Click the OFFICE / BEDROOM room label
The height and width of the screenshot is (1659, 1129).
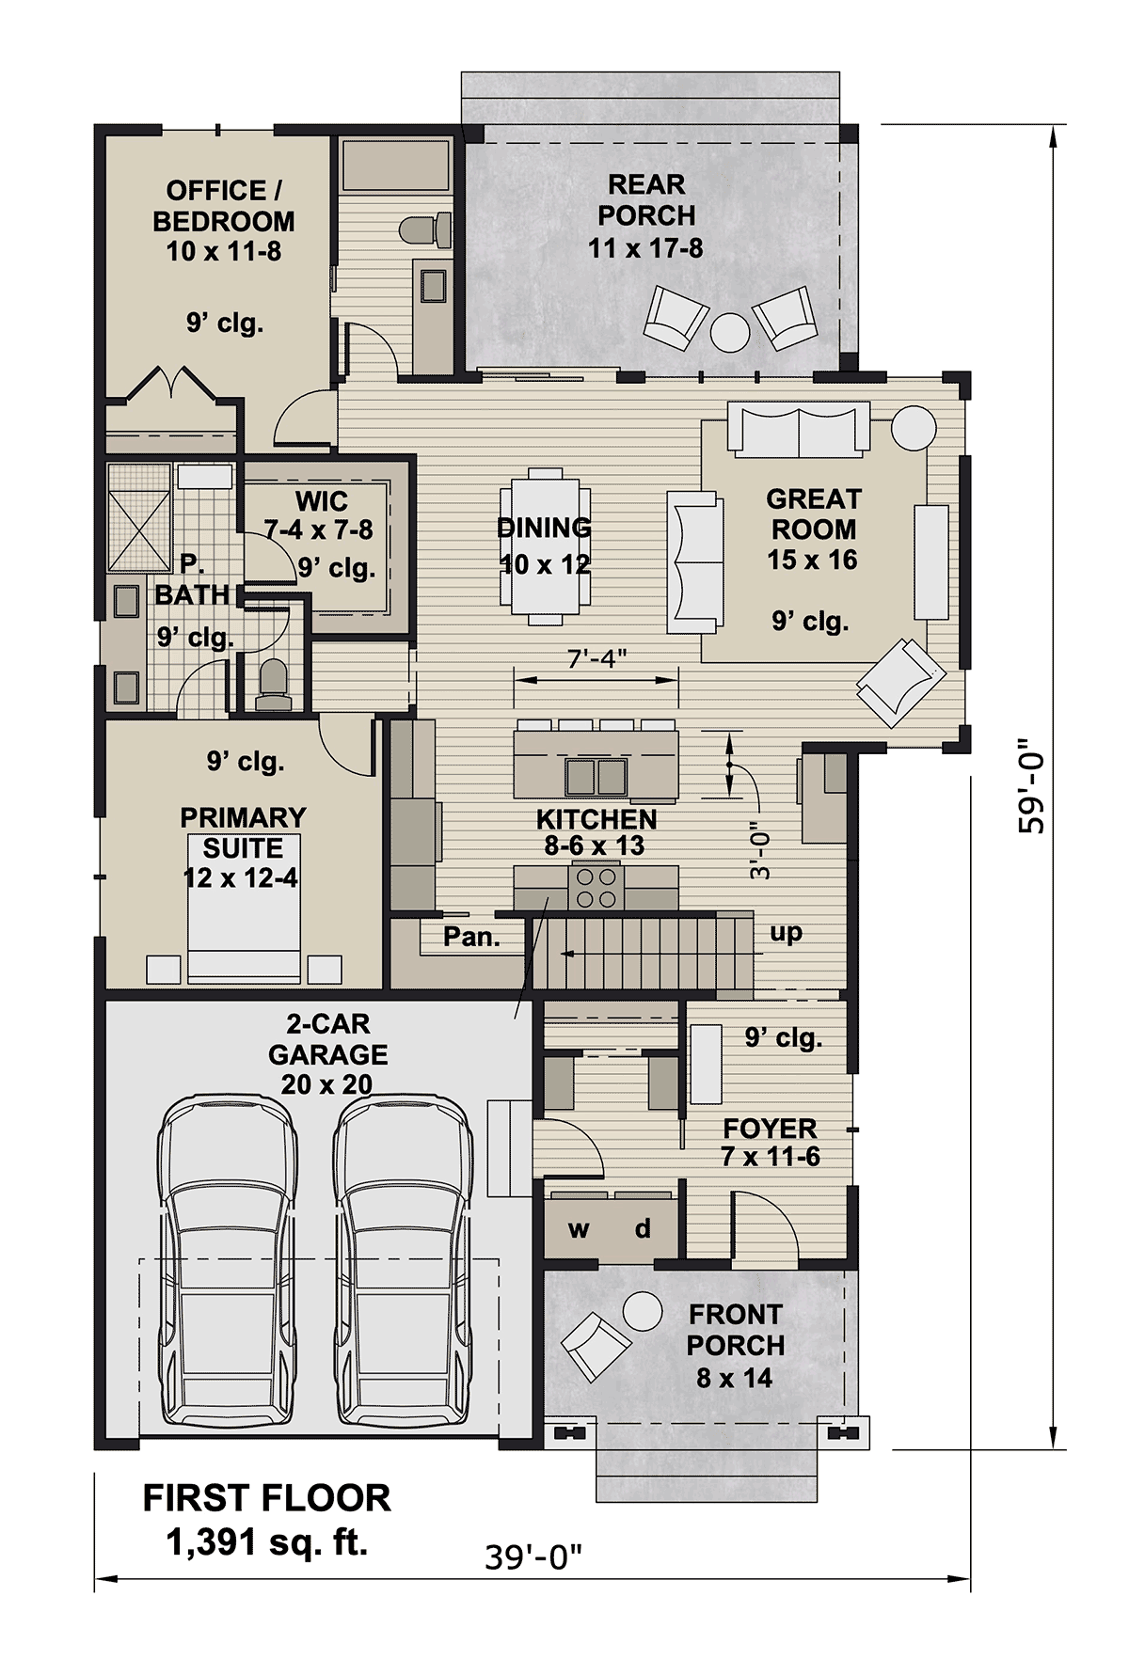click(x=224, y=206)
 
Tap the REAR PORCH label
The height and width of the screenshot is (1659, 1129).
click(x=646, y=199)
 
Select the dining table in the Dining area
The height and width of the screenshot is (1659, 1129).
click(x=546, y=546)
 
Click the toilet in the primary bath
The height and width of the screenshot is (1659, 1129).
click(x=273, y=684)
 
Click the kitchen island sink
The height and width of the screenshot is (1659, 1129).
click(x=596, y=777)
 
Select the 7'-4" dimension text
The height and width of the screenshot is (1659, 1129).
click(x=597, y=658)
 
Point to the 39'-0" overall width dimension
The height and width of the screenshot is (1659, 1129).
click(x=533, y=1557)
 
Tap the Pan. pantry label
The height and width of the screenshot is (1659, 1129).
click(x=471, y=937)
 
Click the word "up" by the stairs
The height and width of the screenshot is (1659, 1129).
click(x=786, y=934)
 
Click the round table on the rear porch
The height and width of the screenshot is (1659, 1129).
click(x=730, y=332)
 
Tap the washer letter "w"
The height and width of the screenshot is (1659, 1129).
click(x=579, y=1229)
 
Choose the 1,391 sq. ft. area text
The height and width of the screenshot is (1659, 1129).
click(x=266, y=1542)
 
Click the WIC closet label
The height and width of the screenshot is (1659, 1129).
click(x=321, y=501)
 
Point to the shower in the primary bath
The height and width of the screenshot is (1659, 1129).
click(x=139, y=517)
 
